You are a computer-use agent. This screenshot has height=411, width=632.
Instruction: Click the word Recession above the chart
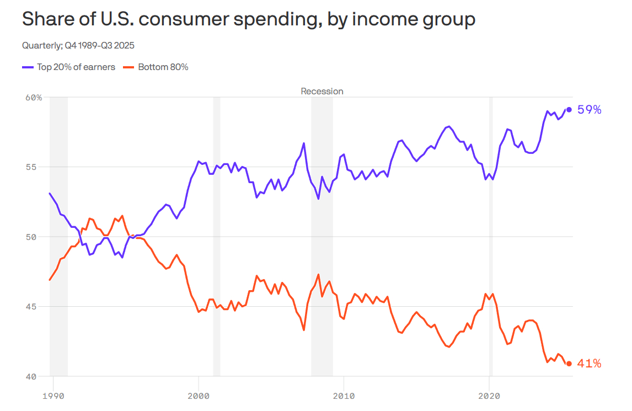(322, 91)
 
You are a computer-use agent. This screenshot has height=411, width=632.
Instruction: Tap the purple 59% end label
(589, 110)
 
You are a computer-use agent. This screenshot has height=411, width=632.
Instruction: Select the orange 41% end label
(589, 364)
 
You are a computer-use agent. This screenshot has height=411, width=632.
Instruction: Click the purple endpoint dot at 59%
(569, 109)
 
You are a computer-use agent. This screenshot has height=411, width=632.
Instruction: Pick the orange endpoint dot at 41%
(569, 364)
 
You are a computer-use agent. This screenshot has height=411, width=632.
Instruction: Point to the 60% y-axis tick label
(34, 98)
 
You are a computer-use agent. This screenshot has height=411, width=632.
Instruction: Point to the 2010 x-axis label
(344, 396)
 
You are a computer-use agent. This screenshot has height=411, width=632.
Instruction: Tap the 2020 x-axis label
(489, 396)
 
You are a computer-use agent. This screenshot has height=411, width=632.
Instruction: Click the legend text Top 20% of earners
(76, 67)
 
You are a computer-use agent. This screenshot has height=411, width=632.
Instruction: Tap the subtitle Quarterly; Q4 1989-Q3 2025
(78, 45)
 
